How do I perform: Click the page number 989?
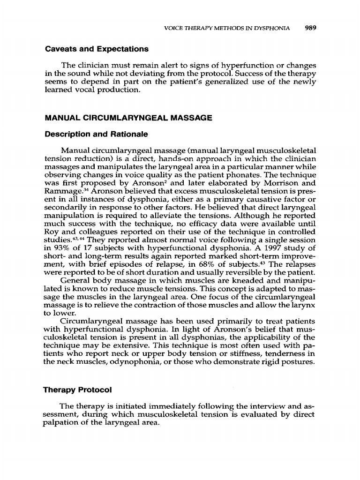click(311, 28)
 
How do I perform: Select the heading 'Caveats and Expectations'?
click(96, 49)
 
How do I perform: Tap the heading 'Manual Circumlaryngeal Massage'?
click(127, 119)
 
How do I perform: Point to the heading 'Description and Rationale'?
click(96, 135)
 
